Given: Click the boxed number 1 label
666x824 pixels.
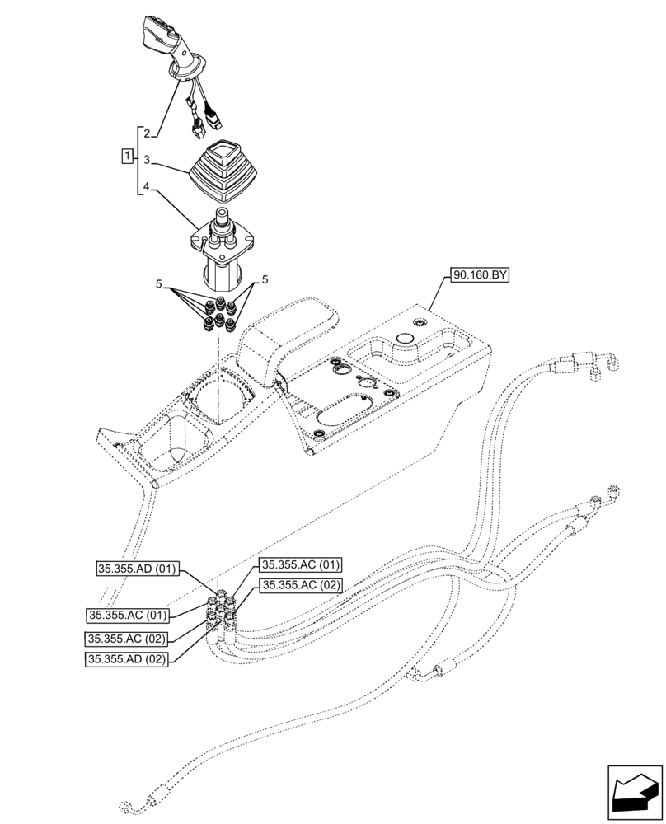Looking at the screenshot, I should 127,156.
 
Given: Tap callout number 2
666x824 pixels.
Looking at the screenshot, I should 146,133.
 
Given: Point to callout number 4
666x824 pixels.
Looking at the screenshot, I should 146,187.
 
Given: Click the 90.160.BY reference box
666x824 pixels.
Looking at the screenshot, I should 480,276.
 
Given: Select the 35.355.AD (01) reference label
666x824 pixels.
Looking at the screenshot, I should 137,568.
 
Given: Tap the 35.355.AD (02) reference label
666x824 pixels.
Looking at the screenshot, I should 126,659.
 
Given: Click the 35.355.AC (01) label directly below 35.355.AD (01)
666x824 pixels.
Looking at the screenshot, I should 126,615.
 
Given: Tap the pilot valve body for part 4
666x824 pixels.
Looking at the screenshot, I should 221,251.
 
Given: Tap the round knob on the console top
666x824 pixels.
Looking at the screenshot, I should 406,339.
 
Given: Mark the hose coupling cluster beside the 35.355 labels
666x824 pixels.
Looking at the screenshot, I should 225,614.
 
